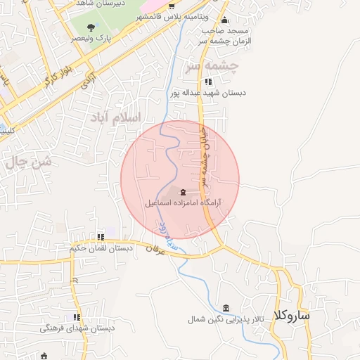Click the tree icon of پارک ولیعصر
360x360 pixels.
coord(91,27)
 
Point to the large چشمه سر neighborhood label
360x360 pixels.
coord(211,67)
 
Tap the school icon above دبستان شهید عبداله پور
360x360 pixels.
coord(207,82)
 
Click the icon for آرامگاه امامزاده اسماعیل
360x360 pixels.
coord(184,192)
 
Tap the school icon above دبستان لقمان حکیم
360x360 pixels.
coord(101,237)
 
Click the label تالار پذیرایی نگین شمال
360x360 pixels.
coord(226,319)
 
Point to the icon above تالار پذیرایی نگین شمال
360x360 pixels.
coord(226,309)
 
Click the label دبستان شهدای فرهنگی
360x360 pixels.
coord(77,328)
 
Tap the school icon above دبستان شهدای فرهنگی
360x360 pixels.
coord(77,317)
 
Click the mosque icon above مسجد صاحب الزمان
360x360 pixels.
coord(224,20)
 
